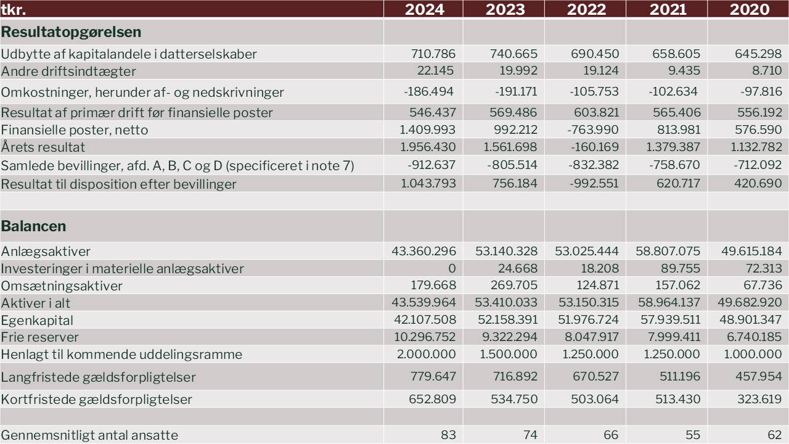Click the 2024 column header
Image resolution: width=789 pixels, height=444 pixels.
(424, 9)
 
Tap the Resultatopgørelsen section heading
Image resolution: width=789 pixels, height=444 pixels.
(71, 32)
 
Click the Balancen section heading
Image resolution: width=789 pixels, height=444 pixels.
(33, 226)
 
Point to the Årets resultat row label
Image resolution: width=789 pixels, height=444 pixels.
(43, 147)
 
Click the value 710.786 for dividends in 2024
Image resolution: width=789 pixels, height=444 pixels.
(433, 54)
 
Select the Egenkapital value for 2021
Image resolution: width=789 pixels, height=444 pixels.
(668, 320)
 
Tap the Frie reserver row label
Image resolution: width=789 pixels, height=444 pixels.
(40, 337)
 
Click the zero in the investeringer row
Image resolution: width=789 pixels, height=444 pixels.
(452, 268)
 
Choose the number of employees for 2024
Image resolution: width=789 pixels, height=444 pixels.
(448, 435)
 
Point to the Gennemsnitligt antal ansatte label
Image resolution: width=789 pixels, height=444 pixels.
(89, 435)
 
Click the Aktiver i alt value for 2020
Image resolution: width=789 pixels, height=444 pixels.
(750, 303)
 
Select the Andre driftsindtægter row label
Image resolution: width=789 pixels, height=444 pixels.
(68, 71)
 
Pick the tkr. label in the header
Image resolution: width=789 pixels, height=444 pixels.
(14, 9)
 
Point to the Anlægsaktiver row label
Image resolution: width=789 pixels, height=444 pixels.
(46, 251)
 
